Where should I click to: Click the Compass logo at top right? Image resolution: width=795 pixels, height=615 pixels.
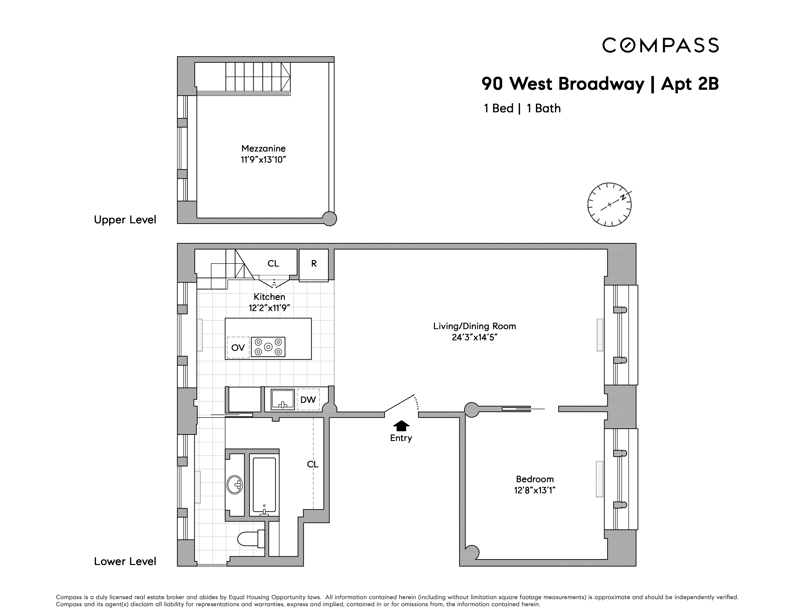[660, 45]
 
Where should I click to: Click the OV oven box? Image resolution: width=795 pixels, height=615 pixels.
[238, 348]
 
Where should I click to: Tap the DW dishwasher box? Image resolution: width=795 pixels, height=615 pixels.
[308, 400]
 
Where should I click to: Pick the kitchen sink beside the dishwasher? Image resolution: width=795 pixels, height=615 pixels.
[282, 400]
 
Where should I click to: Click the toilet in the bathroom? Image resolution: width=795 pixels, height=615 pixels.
[250, 538]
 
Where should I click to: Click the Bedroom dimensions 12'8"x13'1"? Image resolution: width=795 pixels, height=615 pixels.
[534, 490]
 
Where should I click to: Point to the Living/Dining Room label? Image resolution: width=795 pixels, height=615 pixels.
[474, 326]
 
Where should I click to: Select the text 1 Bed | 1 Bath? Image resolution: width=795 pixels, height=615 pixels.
[522, 109]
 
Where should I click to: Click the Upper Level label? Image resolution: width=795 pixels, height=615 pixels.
[125, 220]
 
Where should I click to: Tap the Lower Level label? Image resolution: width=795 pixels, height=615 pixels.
[125, 561]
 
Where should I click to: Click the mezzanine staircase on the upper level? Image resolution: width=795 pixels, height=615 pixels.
[258, 77]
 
